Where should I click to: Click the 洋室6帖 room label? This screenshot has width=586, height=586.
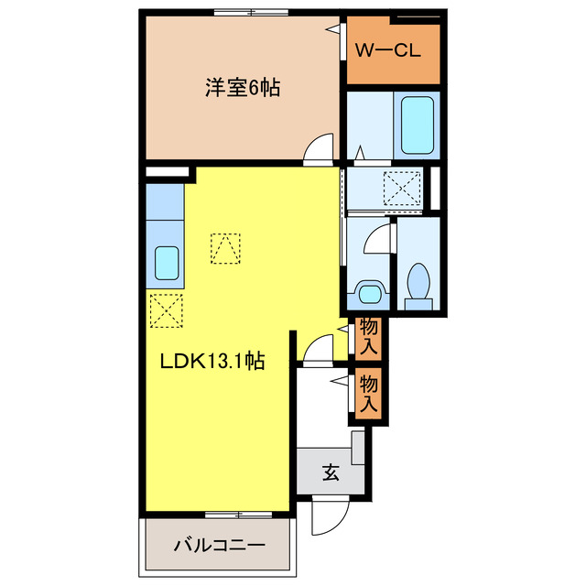pos(242,89)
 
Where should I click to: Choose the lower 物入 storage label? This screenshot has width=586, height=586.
pos(369,391)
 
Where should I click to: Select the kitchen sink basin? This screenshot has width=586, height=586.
pos(167,264)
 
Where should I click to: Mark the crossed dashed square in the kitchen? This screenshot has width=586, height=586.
pos(165,309)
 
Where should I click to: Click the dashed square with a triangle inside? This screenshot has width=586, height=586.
pos(225,248)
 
